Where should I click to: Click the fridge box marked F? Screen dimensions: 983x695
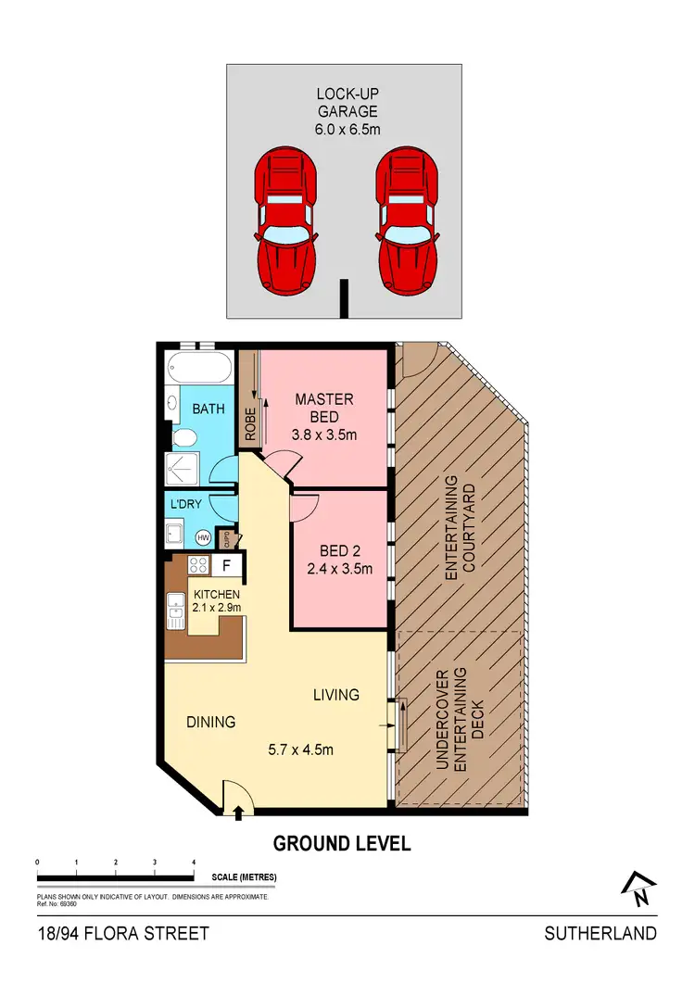[x=226, y=564]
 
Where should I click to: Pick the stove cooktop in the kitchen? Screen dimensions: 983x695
[x=197, y=564]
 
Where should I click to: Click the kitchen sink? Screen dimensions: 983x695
[x=175, y=611]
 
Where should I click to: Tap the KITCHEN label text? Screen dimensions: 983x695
[x=216, y=594]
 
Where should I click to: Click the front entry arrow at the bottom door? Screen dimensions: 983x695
[x=239, y=813]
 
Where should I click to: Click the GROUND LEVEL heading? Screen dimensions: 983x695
[x=341, y=844]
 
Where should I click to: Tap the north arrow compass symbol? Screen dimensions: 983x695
[x=638, y=890]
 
